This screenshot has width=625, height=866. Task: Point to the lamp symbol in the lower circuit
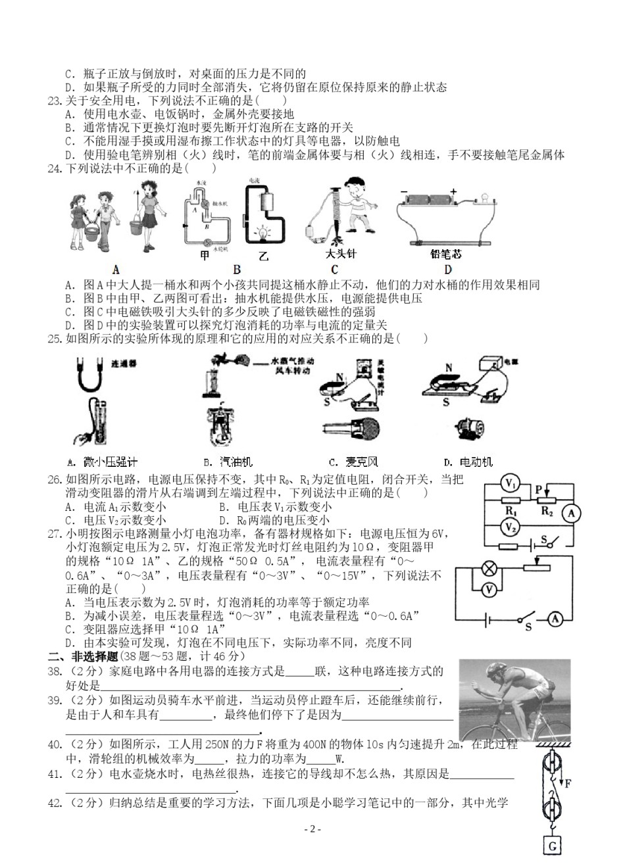[489, 567]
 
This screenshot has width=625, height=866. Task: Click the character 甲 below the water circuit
[203, 255]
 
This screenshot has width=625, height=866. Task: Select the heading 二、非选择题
[82, 656]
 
